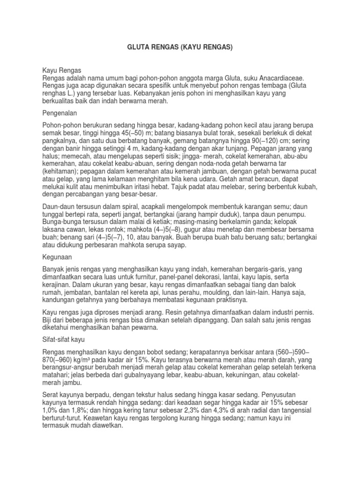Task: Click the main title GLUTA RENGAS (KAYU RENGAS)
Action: pyautogui.click(x=180, y=47)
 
